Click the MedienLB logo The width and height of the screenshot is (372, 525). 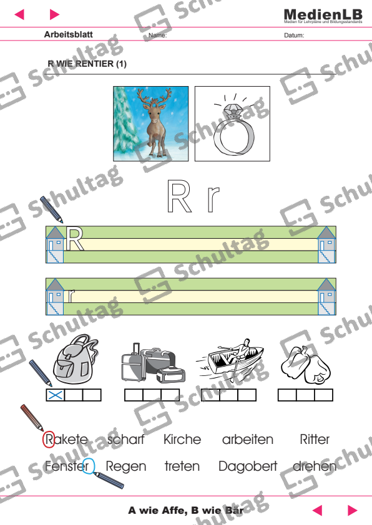click(x=322, y=15)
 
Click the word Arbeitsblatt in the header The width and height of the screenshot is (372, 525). click(x=69, y=35)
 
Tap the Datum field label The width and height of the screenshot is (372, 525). click(x=293, y=36)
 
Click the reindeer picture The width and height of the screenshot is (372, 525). click(x=152, y=123)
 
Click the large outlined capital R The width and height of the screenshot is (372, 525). click(x=179, y=197)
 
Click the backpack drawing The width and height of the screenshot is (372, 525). click(x=74, y=362)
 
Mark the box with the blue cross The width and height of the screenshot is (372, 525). click(x=56, y=395)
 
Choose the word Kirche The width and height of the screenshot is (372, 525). click(x=182, y=440)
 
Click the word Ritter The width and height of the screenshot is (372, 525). click(x=315, y=440)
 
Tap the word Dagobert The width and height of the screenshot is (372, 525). click(x=248, y=466)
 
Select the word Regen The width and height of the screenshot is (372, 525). click(x=126, y=466)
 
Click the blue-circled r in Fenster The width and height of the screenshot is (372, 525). click(x=89, y=466)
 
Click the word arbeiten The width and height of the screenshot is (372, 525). click(x=248, y=440)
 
